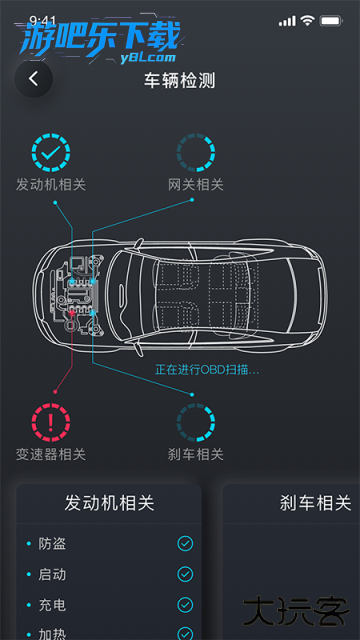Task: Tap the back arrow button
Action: pos(34,79)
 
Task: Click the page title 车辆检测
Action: pos(180,80)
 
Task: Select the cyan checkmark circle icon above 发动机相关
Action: pos(51,152)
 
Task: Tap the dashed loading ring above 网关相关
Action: pos(195,152)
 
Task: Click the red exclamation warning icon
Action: pos(51,422)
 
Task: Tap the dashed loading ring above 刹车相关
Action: pos(195,422)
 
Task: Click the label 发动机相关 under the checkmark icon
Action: pos(51,185)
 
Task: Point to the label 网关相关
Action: pos(195,185)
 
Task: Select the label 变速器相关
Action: pos(51,455)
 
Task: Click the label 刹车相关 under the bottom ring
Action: pos(195,455)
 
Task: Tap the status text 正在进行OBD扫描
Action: pos(207,370)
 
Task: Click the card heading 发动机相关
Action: pos(108,503)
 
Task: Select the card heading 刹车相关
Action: pos(315,503)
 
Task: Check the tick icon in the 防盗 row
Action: pos(185,544)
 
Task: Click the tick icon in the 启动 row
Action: pos(185,574)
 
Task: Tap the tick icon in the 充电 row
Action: pos(185,605)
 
